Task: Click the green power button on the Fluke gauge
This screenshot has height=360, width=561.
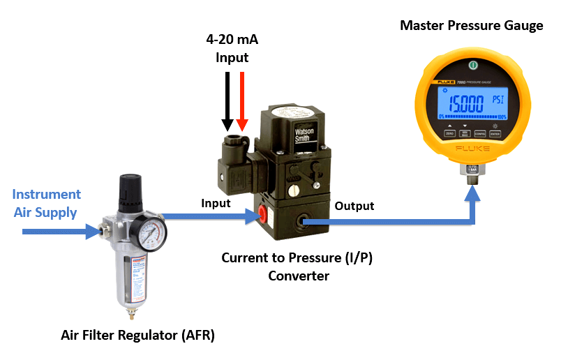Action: point(472,65)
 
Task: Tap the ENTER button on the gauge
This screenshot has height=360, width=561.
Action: point(496,134)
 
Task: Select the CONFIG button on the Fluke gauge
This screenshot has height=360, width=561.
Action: point(480,134)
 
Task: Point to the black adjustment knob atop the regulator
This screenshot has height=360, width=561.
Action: point(130,188)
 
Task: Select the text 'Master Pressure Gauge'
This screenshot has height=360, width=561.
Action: point(471,27)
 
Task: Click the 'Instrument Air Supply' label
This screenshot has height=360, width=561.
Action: point(47,202)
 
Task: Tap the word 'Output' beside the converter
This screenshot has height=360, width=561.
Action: point(354,206)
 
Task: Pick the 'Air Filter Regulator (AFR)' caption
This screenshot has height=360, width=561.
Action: point(137,336)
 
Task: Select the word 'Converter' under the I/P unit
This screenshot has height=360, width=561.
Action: point(298,276)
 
